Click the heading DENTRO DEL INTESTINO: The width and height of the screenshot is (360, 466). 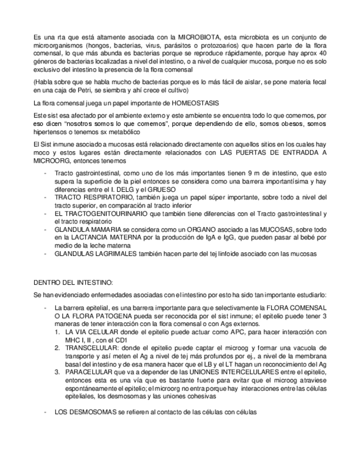[x=73, y=282]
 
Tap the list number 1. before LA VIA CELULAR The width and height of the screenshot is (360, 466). [x=58, y=332]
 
